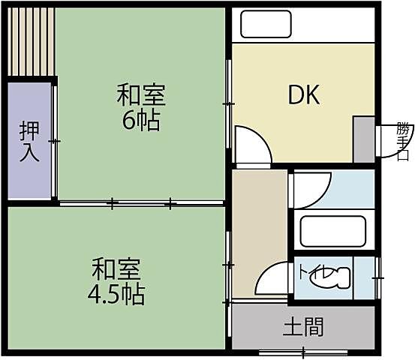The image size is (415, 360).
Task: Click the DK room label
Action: pyautogui.click(x=305, y=95)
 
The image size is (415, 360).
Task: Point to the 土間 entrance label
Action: pyautogui.click(x=303, y=327)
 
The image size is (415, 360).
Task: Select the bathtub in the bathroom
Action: pyautogui.click(x=331, y=232)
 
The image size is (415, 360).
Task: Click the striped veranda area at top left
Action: pyautogui.click(x=30, y=41)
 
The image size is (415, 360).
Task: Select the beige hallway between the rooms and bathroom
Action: pyautogui.click(x=260, y=232)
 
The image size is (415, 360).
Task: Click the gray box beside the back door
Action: pyautogui.click(x=363, y=139)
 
